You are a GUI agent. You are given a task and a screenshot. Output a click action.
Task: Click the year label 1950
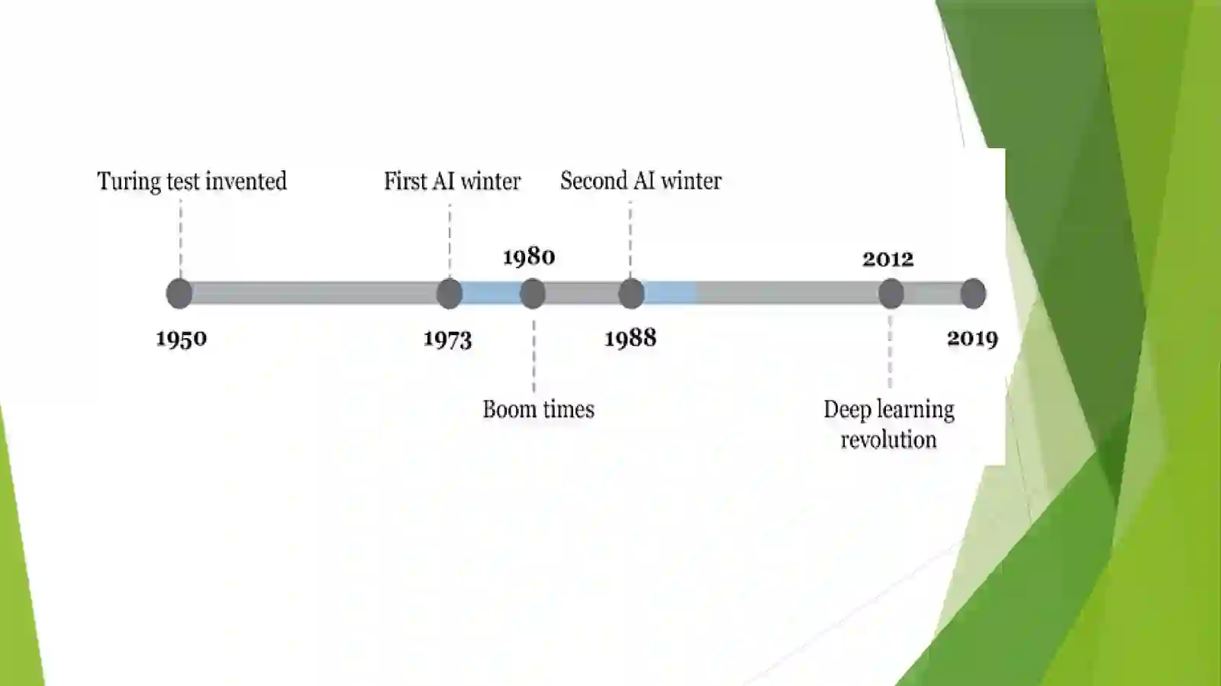pos(182,339)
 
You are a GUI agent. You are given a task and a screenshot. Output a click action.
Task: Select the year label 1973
pos(447,340)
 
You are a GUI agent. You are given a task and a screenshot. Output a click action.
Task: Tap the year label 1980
pos(529,256)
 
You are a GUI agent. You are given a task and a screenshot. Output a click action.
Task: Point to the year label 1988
pos(630,338)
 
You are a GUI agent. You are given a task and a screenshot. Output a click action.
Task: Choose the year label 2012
pos(888,259)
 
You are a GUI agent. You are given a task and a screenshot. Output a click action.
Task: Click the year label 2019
pos(972,338)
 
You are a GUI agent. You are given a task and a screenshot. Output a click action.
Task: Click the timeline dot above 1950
pos(179,294)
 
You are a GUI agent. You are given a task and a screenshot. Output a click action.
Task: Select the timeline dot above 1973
pos(449,294)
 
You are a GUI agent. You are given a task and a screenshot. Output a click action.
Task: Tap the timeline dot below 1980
pos(533,294)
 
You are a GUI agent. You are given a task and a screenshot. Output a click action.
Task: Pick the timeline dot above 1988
pos(631,294)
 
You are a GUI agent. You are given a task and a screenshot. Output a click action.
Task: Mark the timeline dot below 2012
pos(891,294)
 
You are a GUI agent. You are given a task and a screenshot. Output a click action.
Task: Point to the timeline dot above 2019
pos(973,294)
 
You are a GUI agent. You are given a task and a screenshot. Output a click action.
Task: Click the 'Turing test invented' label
pos(192,182)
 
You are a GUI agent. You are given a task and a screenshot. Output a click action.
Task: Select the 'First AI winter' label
pos(453,181)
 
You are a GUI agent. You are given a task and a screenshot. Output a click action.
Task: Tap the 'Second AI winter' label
pos(641,180)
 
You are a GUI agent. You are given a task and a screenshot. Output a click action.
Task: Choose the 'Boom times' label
pos(539,409)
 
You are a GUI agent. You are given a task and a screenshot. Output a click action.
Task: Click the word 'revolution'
pos(888,440)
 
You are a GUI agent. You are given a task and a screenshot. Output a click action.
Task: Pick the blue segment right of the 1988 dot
pos(670,293)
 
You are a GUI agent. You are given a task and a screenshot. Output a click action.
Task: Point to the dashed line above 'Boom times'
pos(533,356)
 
